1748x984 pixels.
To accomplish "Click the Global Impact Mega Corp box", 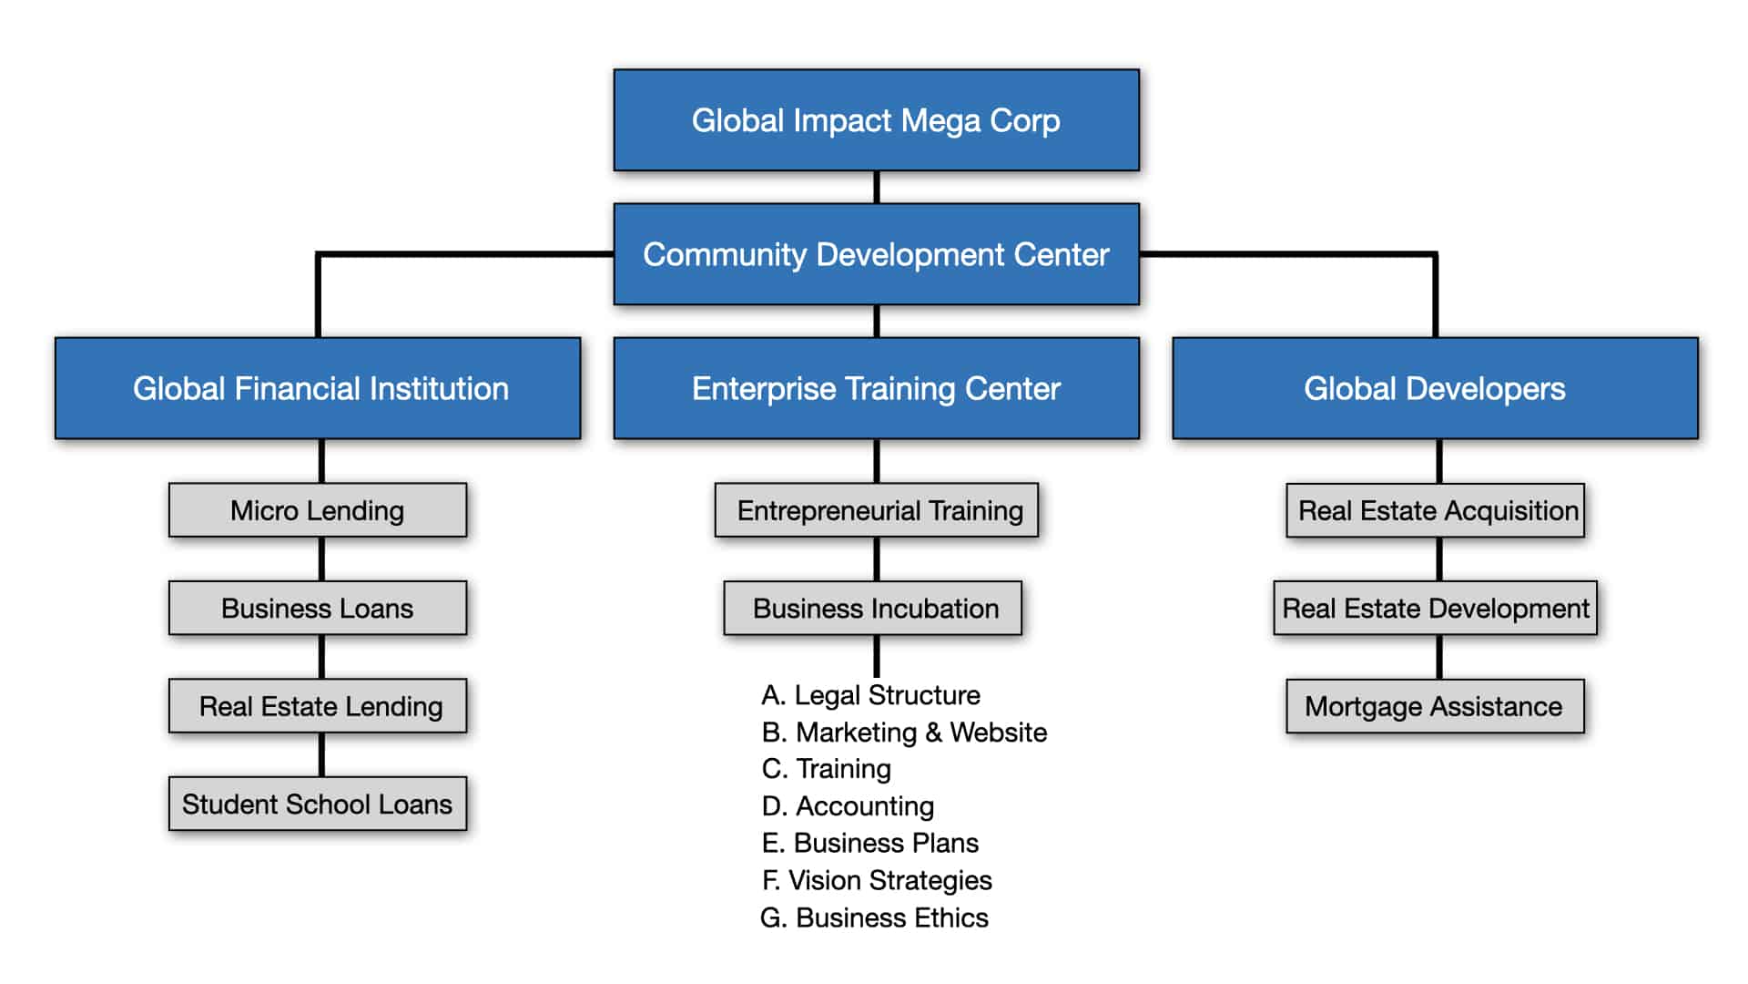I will tap(876, 120).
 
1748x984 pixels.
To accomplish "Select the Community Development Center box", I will tap(876, 254).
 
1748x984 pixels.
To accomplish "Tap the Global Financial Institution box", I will tap(318, 388).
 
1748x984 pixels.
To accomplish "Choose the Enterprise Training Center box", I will tap(876, 388).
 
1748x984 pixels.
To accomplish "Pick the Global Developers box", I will tap(1435, 388).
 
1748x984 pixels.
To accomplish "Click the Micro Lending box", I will tap(318, 510).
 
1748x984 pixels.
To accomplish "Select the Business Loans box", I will tap(318, 608).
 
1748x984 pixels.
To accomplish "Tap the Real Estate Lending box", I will tap(318, 706).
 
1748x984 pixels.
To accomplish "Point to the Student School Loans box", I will tap(318, 804).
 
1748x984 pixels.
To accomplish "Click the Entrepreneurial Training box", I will tap(876, 510).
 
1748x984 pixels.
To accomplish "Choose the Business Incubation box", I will tap(872, 608).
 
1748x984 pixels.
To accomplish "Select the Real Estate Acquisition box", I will tap(1435, 510).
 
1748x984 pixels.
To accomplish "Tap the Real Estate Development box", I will tap(1435, 608).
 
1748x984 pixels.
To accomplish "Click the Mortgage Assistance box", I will tap(1435, 706).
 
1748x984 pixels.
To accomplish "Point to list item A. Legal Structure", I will tap(870, 695).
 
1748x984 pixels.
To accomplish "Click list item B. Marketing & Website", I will tap(904, 733).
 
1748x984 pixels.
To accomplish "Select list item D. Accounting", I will tap(848, 806).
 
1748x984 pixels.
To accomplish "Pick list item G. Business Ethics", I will tap(874, 917).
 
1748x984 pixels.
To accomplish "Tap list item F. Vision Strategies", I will tap(877, 880).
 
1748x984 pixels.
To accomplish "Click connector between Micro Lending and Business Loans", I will tap(321, 559).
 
